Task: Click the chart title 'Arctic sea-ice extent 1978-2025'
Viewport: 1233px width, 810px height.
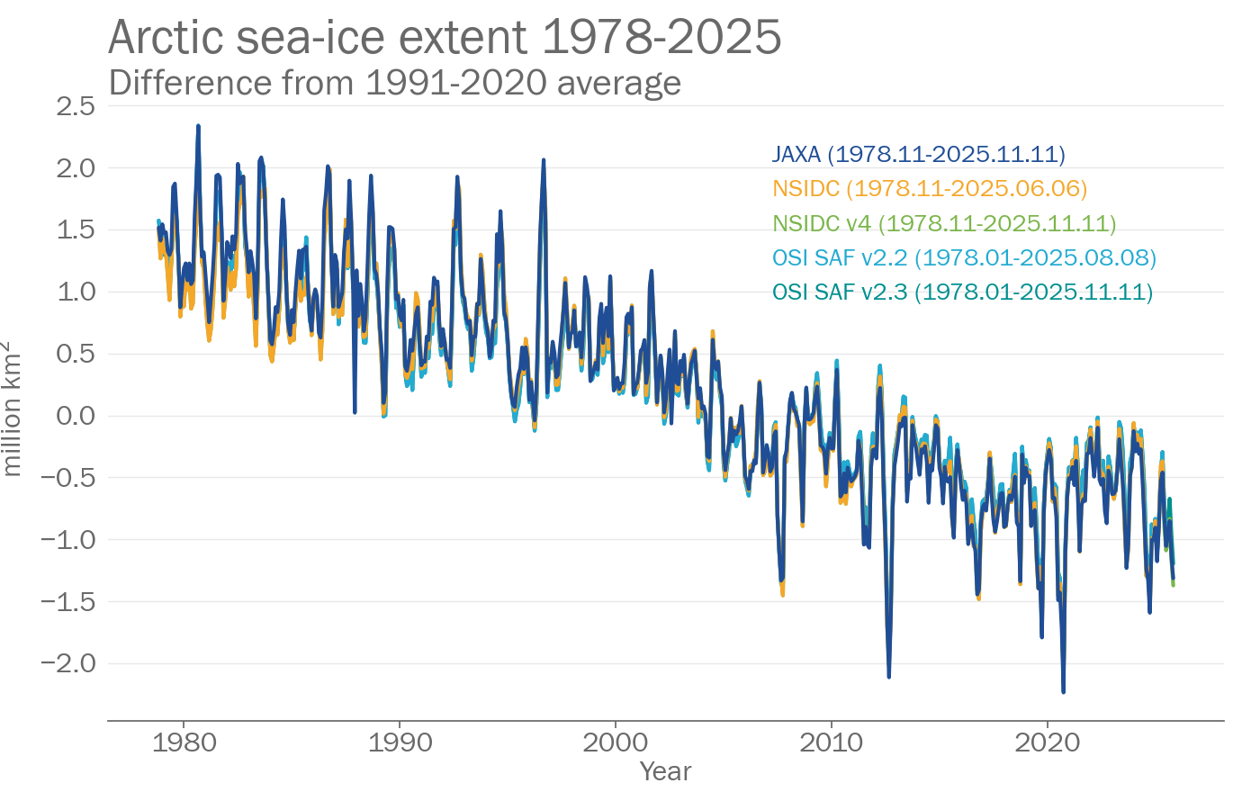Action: click(x=445, y=38)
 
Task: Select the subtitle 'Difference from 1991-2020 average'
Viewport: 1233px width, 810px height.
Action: click(x=394, y=83)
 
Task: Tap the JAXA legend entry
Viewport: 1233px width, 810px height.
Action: click(x=918, y=155)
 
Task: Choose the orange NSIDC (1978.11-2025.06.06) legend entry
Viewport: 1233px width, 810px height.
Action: click(x=930, y=189)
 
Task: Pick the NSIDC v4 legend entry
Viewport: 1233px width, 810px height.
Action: click(x=944, y=223)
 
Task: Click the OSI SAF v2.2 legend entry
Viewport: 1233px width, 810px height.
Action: click(x=964, y=258)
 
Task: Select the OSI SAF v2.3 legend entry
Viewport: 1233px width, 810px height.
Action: click(x=962, y=292)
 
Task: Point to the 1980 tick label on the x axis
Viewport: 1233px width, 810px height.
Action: click(x=184, y=743)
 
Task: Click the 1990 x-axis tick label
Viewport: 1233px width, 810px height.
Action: click(x=400, y=743)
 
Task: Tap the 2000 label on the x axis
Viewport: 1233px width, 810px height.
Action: click(x=616, y=743)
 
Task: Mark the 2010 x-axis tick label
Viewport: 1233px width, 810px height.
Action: click(x=831, y=743)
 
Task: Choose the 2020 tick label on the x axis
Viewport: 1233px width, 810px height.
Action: click(x=1047, y=743)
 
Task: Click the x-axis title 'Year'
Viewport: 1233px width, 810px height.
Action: click(x=665, y=771)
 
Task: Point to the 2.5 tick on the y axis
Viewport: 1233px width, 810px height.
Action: click(x=76, y=106)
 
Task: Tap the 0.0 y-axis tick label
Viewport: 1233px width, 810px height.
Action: click(x=76, y=416)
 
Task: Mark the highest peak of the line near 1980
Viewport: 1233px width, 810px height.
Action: click(x=198, y=127)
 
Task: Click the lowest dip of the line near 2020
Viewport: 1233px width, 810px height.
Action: click(x=1063, y=691)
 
